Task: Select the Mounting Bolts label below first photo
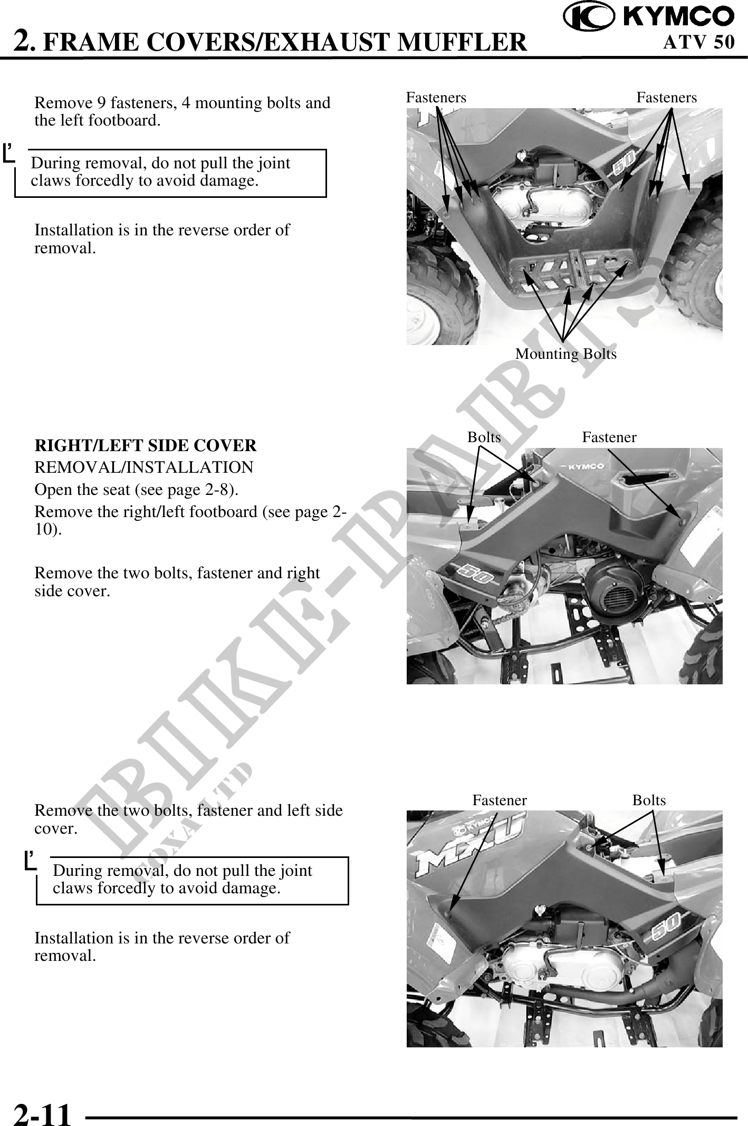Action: [565, 354]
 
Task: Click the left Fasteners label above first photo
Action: [436, 98]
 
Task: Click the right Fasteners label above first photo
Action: [666, 98]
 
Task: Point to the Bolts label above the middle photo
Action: [484, 437]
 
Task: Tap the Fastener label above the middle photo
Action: [609, 437]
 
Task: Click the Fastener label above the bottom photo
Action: [499, 800]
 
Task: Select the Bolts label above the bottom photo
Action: [649, 800]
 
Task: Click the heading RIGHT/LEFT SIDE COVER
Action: [145, 446]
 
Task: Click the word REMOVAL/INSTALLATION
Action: [143, 467]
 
